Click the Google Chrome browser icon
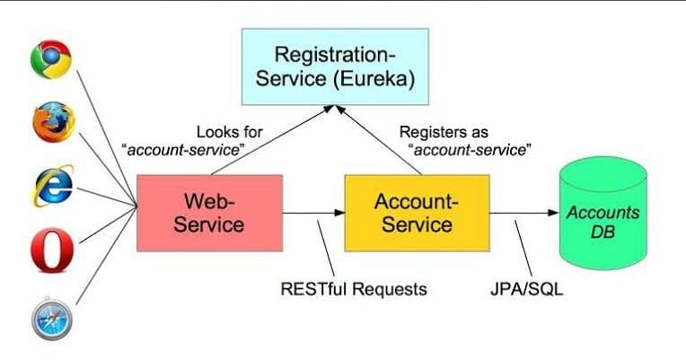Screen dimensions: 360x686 click(x=52, y=60)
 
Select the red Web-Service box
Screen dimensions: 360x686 click(x=209, y=212)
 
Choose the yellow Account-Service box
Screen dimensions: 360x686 click(x=417, y=212)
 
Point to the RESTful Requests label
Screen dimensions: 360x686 click(x=352, y=289)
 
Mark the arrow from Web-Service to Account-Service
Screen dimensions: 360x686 click(x=313, y=213)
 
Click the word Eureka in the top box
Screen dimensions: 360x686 click(x=381, y=79)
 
